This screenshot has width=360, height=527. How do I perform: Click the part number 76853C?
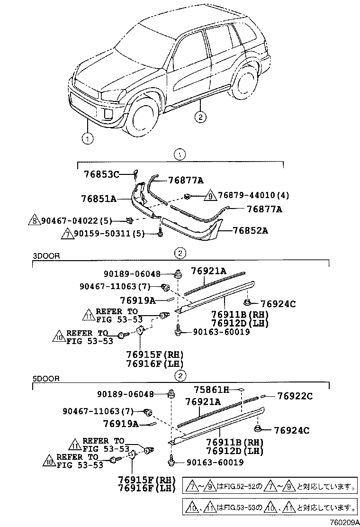[x=101, y=174]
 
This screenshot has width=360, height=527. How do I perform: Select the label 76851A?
[x=98, y=199]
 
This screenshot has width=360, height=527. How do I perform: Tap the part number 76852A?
[x=251, y=231]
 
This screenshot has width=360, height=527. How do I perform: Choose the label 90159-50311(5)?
[x=103, y=234]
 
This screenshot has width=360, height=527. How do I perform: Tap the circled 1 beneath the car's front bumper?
[x=87, y=138]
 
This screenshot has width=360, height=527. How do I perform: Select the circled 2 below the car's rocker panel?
[x=200, y=117]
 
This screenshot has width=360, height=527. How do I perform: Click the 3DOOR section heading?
[x=46, y=256]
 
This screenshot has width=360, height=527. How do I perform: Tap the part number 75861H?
[x=212, y=390]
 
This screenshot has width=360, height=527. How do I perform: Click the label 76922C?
[x=295, y=396]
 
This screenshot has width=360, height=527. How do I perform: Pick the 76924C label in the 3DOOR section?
[x=278, y=304]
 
